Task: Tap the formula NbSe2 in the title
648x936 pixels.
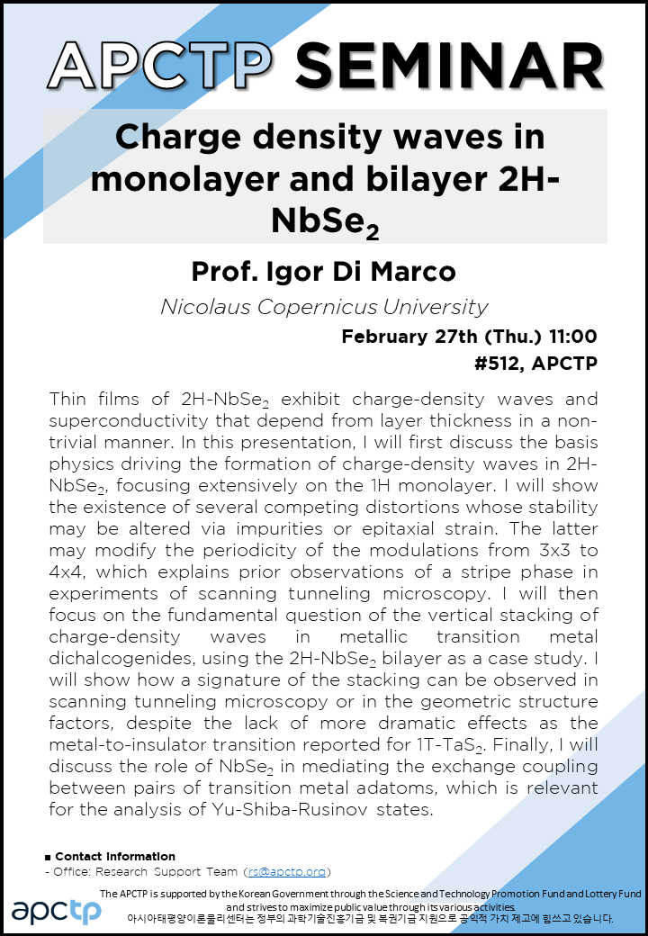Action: click(x=325, y=222)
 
